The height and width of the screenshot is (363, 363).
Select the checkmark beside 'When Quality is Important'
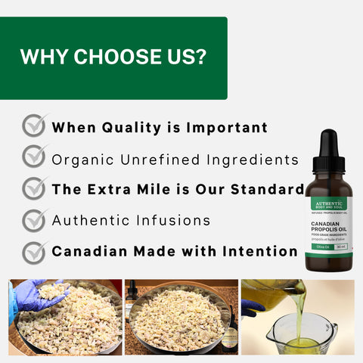35,126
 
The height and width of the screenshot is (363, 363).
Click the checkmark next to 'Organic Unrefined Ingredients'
35,157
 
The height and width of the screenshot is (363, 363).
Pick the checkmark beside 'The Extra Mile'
35,188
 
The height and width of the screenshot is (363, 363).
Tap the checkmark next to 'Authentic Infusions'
35,220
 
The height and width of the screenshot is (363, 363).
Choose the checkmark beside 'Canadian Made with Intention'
35,251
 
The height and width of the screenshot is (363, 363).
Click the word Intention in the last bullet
257,251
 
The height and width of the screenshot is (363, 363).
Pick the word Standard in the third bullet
265,189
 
